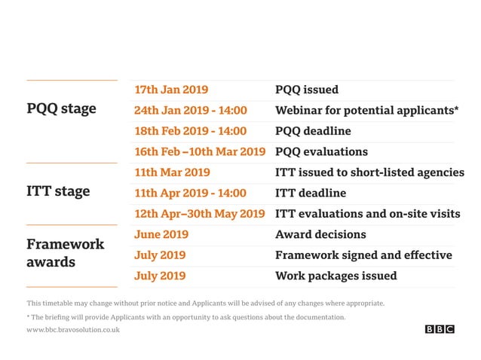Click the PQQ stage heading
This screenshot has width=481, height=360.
[61, 108]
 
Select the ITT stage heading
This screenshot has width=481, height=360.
[58, 191]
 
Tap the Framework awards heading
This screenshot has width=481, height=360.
[65, 253]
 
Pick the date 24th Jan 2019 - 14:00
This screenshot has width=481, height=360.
[190, 111]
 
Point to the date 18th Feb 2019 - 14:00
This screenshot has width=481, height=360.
[190, 131]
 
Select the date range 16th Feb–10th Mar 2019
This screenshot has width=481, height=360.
[200, 151]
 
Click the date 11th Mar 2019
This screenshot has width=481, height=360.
[172, 172]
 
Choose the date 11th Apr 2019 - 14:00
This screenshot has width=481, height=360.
[190, 193]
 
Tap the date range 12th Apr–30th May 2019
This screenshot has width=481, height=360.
[200, 214]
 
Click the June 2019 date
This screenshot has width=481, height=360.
[161, 234]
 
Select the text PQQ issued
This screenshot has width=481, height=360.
[307, 90]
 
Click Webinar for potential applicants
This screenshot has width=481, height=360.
[366, 111]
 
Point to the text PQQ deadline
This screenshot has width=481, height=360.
[313, 131]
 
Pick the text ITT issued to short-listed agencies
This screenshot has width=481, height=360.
[369, 172]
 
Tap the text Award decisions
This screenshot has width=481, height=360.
[320, 234]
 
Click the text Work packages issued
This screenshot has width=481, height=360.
[335, 276]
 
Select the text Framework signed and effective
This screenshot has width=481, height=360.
[363, 255]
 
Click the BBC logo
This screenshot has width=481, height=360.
[440, 329]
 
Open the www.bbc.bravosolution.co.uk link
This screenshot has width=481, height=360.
[72, 330]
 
